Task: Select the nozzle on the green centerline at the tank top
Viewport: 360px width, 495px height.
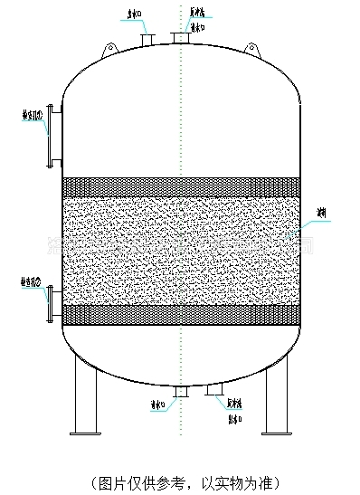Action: (181, 38)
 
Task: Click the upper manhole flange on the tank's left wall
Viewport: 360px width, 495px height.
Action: (52, 135)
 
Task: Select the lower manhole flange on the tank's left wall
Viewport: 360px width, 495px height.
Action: (52, 300)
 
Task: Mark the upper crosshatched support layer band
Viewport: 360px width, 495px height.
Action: (181, 186)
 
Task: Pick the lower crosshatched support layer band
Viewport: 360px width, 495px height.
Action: (181, 314)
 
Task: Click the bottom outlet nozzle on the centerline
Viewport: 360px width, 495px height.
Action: (181, 391)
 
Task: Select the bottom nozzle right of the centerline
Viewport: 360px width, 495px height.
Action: (214, 390)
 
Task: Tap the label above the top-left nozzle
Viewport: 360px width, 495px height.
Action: (132, 14)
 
